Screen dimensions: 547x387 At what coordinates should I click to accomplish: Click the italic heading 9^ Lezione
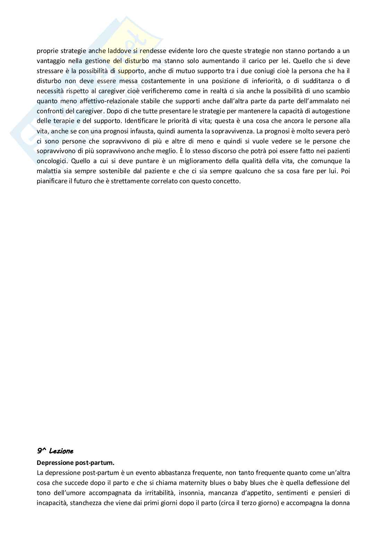pos(55,451)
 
